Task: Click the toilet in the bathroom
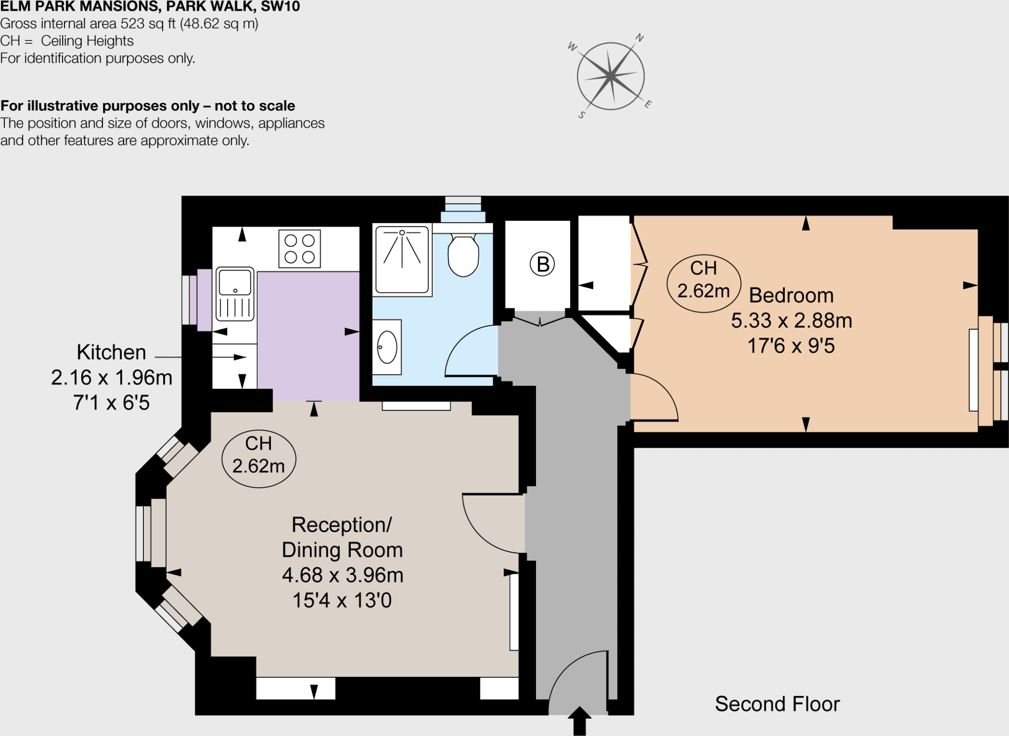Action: click(463, 255)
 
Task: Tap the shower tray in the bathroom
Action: click(402, 260)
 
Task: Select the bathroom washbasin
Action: click(387, 347)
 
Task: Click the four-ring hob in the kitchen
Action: click(300, 248)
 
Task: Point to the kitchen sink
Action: click(235, 294)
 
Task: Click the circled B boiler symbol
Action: click(542, 264)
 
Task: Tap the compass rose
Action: click(610, 76)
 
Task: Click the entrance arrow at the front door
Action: click(579, 720)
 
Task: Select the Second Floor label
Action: click(777, 704)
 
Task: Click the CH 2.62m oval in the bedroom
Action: click(704, 283)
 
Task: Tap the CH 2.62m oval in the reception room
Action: click(259, 459)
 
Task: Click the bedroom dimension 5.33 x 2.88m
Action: click(791, 321)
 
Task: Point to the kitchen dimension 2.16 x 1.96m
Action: click(112, 378)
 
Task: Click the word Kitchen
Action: click(111, 352)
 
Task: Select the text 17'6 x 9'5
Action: click(791, 346)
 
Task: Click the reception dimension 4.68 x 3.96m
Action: click(342, 575)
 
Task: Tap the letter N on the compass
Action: click(639, 38)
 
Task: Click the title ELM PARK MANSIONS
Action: click(79, 7)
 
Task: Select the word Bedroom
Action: click(791, 296)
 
